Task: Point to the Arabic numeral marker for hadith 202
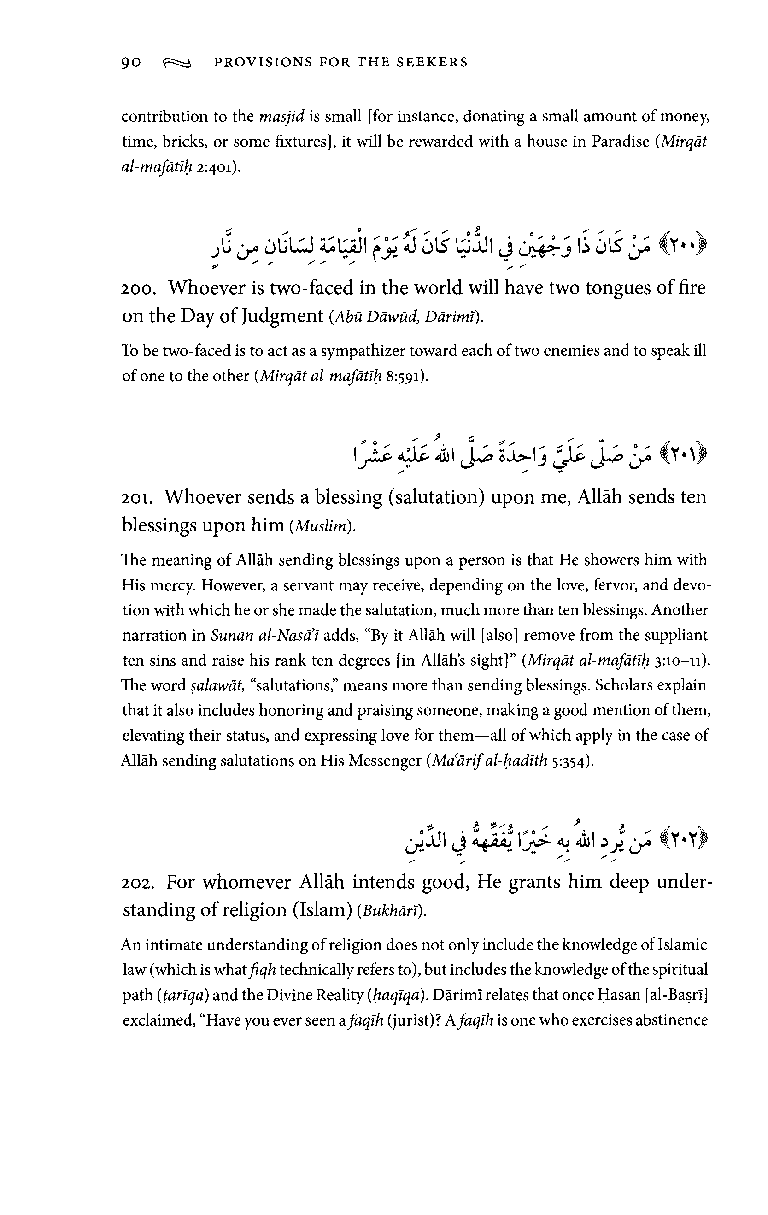point(681,839)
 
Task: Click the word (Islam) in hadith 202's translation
point(322,910)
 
